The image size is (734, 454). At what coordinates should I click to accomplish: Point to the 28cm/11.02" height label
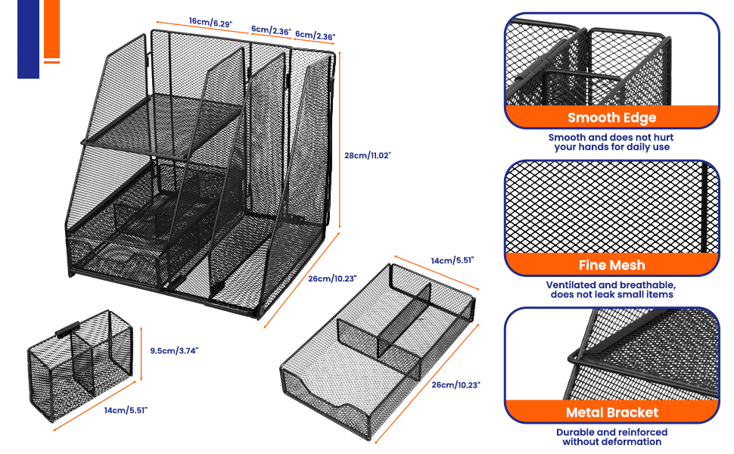click(368, 154)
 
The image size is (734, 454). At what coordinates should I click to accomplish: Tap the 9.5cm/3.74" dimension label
click(174, 350)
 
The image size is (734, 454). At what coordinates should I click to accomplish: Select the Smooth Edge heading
click(611, 117)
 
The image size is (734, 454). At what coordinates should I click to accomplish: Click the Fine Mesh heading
click(611, 265)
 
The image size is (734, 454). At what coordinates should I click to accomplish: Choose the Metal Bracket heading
click(611, 412)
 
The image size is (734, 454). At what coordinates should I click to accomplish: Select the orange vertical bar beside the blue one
click(51, 28)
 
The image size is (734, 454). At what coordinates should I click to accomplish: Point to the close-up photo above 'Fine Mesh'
click(611, 208)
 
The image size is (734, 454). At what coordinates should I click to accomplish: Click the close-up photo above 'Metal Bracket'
click(611, 354)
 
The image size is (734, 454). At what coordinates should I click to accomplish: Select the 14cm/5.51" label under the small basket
click(127, 410)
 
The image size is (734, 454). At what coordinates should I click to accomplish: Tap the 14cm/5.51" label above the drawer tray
click(452, 260)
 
